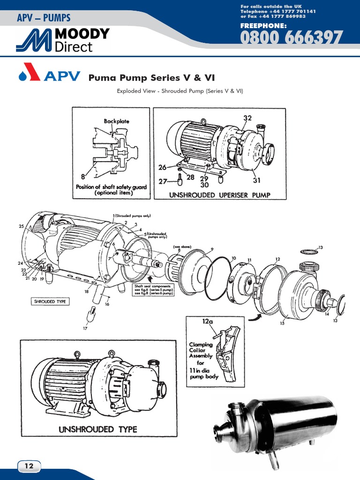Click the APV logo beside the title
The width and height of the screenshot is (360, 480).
click(x=49, y=76)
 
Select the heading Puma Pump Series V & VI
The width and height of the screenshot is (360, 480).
click(x=151, y=77)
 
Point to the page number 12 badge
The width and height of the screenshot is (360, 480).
click(x=29, y=466)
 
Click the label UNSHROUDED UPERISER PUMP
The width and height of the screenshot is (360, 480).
click(x=220, y=195)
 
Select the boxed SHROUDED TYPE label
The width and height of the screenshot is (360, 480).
click(x=50, y=301)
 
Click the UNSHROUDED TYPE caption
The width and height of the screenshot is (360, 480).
click(x=97, y=429)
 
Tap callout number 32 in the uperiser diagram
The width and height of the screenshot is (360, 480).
click(x=248, y=118)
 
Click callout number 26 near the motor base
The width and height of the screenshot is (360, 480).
click(x=162, y=167)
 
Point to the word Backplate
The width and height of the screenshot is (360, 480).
click(x=116, y=121)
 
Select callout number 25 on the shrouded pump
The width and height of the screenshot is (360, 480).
click(x=22, y=226)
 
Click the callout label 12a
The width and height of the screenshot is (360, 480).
click(x=208, y=322)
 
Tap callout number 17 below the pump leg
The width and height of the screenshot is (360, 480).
click(x=85, y=329)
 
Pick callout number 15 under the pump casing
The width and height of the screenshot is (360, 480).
click(x=282, y=323)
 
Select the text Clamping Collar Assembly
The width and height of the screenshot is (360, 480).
click(x=201, y=350)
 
